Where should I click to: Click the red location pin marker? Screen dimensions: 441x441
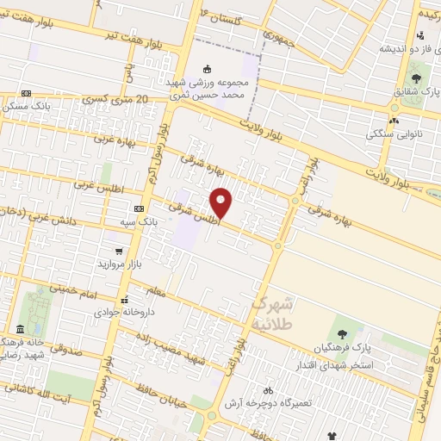coord(221,203)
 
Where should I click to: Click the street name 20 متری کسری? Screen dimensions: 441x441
coord(117,101)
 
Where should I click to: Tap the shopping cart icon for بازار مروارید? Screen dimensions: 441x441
coord(118,252)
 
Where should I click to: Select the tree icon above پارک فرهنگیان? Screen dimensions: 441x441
coord(342,333)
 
